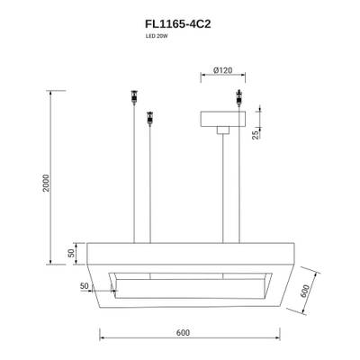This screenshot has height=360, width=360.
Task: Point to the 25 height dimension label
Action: (256, 136)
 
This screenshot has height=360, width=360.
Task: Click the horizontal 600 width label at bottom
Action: (183, 332)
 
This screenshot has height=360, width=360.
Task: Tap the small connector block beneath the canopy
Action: (220, 132)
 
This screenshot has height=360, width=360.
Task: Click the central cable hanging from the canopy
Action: (220, 189)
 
